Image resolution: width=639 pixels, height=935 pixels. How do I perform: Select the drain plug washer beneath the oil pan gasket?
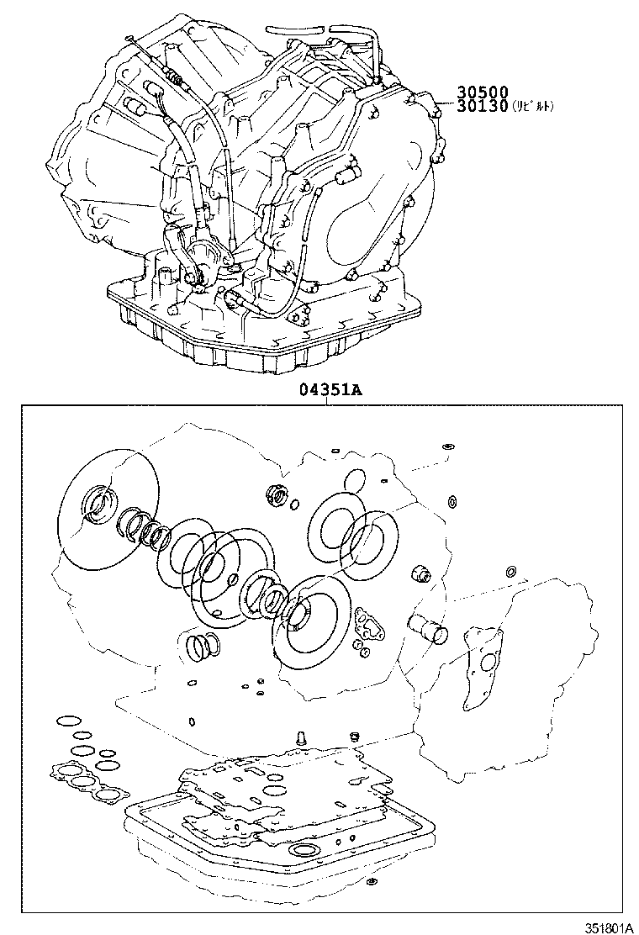point(371,883)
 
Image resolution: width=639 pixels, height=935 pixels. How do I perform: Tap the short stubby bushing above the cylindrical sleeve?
point(419,575)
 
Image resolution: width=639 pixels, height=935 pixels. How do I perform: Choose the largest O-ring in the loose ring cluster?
point(82,751)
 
